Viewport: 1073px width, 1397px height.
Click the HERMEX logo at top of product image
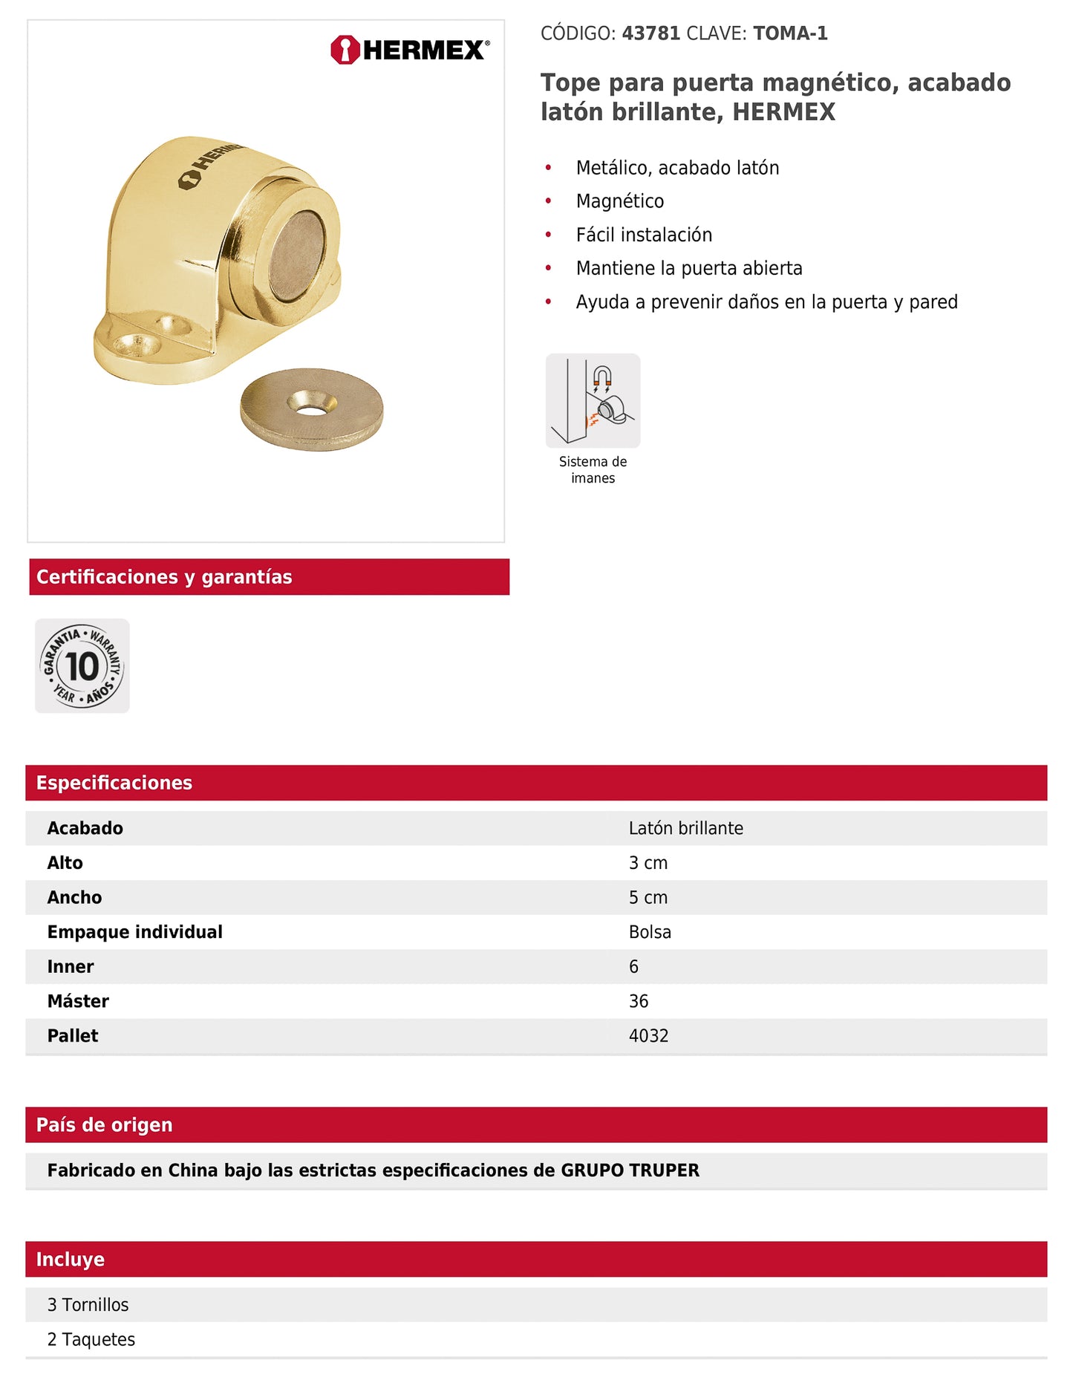pos(410,50)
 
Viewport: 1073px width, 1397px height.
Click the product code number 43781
pos(650,33)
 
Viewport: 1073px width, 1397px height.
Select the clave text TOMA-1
pos(790,33)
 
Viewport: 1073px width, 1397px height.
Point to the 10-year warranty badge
pos(82,665)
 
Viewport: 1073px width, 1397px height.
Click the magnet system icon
pos(593,401)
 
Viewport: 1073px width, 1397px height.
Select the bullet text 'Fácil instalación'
pos(644,235)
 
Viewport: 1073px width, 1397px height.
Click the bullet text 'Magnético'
pos(619,201)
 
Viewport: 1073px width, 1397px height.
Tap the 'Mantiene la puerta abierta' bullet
pos(688,268)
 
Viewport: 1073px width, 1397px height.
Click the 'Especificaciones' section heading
pos(114,783)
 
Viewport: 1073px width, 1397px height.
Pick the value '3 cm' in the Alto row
pos(648,863)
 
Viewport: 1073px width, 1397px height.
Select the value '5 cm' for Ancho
pos(648,897)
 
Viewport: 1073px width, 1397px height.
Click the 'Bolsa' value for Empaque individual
pos(650,932)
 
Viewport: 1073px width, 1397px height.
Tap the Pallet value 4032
pos(648,1036)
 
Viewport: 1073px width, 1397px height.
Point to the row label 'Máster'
pos(78,1001)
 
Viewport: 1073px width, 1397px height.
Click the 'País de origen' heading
pos(104,1125)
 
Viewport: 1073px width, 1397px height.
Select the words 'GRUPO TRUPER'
pos(630,1170)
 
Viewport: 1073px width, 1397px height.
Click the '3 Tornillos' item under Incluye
pos(88,1305)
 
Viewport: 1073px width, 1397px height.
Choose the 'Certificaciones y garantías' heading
pos(164,577)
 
